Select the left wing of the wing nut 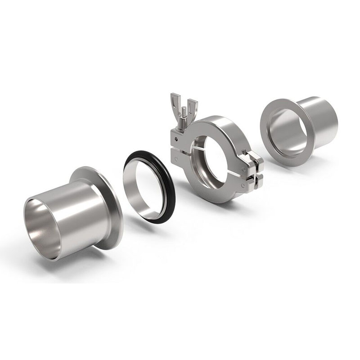175,101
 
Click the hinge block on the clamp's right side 252,169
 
